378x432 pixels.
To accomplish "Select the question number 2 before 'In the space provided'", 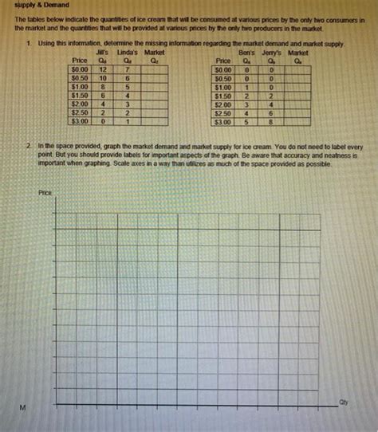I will click(28, 147).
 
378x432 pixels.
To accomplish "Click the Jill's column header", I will click(103, 52).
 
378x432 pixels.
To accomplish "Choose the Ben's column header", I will click(247, 52).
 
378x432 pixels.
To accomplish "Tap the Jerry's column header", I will click(273, 52).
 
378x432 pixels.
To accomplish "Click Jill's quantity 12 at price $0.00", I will click(103, 70).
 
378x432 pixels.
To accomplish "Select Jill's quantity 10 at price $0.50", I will click(103, 79).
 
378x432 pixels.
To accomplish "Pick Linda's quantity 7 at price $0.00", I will click(128, 70).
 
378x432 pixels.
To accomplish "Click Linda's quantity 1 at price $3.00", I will click(128, 123).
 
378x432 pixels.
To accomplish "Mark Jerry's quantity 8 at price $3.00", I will click(273, 123).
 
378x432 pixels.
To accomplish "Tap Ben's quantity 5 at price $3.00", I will click(247, 123).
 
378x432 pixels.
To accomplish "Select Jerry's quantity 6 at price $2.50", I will click(273, 114).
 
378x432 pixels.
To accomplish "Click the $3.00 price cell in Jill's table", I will click(79, 123).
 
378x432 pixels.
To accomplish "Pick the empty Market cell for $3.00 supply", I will click(298, 123).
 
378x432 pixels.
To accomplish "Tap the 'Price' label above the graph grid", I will click(45, 193).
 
